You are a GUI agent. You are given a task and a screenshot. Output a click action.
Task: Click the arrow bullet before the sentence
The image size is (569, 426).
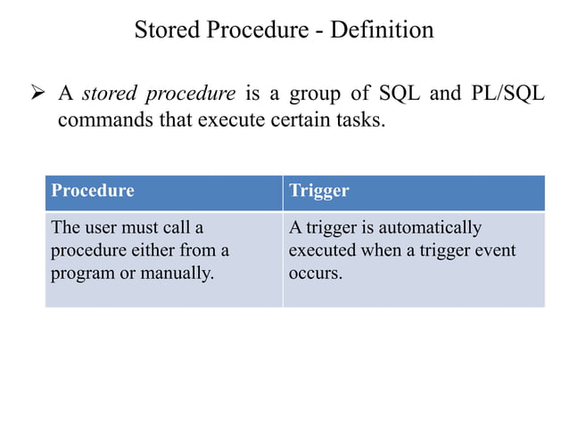click(x=37, y=93)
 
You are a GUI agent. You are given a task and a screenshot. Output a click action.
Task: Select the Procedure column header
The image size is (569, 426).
click(x=93, y=191)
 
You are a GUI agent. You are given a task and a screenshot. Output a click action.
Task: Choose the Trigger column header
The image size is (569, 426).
click(x=319, y=191)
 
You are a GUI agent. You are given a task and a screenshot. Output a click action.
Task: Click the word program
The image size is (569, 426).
click(x=83, y=273)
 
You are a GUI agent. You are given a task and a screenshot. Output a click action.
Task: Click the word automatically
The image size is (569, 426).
click(x=426, y=228)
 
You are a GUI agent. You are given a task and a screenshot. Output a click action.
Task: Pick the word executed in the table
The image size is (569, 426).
click(x=320, y=250)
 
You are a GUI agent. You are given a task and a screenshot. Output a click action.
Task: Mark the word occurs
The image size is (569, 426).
click(x=315, y=273)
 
